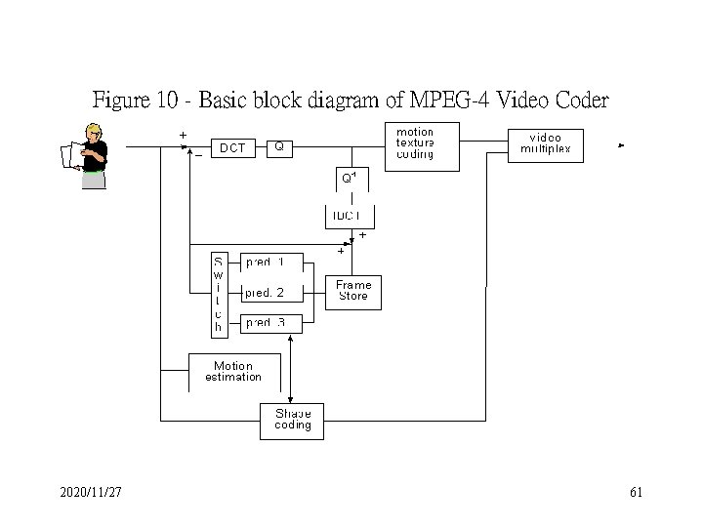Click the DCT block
point(231,148)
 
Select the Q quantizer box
point(279,147)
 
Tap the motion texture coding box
point(414,144)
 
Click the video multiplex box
point(546,144)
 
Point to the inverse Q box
point(349,179)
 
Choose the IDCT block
point(349,216)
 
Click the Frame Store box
point(352,291)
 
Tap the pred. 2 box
point(265,292)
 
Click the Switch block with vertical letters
point(219,294)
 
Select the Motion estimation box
point(233,372)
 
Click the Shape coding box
point(292,420)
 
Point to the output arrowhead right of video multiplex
point(621,145)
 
